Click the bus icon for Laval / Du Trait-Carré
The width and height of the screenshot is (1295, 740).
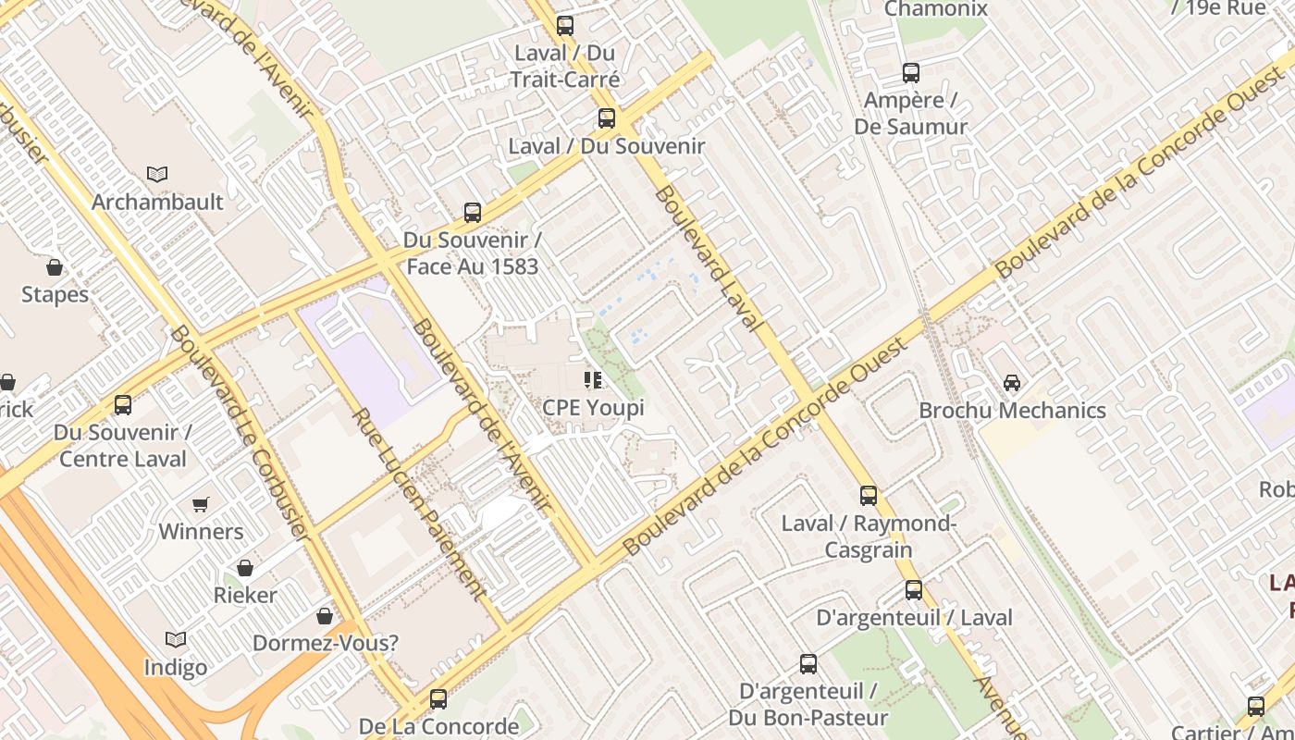coord(564,26)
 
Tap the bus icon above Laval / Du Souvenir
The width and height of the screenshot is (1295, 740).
coord(607,118)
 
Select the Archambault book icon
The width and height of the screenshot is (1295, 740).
coord(157,174)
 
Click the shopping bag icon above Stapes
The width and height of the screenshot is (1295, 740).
coord(55,267)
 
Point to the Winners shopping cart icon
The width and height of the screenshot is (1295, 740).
coord(201,504)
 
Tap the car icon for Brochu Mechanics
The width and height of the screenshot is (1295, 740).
coord(1012,382)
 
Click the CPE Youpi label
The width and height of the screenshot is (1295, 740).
coord(593,407)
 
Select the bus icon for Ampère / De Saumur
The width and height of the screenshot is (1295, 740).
coord(911,73)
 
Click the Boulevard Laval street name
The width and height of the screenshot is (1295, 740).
coord(709,259)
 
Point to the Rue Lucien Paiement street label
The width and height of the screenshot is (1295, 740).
coord(419,504)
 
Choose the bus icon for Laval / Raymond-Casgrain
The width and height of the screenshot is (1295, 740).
coord(868,496)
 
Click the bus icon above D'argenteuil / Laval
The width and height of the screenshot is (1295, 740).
coord(914,590)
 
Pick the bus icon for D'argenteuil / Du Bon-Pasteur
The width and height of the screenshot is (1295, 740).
coord(808,664)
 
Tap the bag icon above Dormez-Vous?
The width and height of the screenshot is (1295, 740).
coord(325,615)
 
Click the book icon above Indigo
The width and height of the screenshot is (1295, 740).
coord(176,639)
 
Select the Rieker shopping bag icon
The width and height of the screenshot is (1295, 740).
coord(245,567)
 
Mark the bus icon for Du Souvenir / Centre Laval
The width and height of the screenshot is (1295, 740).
coord(122,405)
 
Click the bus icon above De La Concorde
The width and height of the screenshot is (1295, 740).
coord(438,699)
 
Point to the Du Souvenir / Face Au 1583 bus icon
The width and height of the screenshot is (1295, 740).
coord(473,213)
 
